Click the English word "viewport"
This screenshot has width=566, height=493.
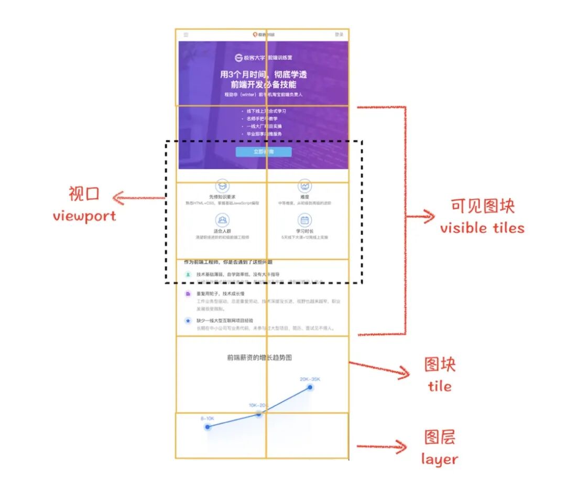click(84, 216)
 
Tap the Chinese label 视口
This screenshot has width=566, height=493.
click(84, 194)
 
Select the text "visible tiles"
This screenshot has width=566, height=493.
click(482, 228)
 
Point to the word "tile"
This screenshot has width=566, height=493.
click(439, 386)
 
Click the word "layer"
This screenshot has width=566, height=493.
click(439, 459)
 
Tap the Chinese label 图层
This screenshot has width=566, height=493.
click(440, 437)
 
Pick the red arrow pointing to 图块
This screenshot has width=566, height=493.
click(380, 368)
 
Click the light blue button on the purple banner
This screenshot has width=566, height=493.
click(263, 152)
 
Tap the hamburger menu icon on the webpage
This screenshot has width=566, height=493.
click(186, 35)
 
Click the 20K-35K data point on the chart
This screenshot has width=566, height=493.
click(310, 388)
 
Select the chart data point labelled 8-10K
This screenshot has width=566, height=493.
click(208, 427)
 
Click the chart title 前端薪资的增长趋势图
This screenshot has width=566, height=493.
click(259, 358)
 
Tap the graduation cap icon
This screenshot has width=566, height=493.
click(222, 185)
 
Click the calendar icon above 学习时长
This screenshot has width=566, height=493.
click(304, 220)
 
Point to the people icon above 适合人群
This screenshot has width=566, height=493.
click(222, 220)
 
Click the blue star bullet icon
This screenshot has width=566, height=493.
click(188, 320)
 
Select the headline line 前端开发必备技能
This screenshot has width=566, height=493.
click(263, 84)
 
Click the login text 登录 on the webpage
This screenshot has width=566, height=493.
click(339, 35)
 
